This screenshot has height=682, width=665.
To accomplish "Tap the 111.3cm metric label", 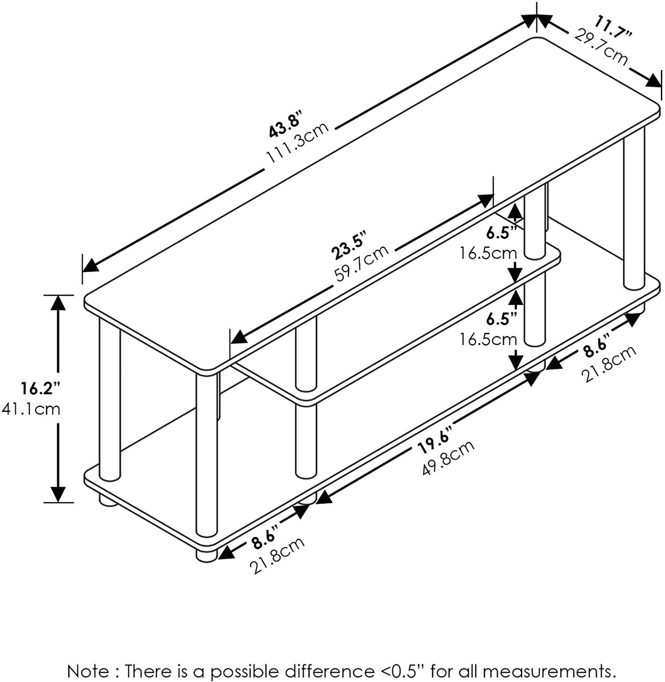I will pyautogui.click(x=297, y=142).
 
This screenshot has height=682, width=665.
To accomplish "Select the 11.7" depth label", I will pyautogui.click(x=614, y=27).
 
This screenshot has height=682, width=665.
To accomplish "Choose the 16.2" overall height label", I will pyautogui.click(x=40, y=388).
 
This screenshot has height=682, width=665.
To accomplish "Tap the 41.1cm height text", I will pyautogui.click(x=31, y=408).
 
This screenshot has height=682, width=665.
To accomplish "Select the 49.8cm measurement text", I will pyautogui.click(x=448, y=458).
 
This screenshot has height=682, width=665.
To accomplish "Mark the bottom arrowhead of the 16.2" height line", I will pyautogui.click(x=58, y=494).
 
